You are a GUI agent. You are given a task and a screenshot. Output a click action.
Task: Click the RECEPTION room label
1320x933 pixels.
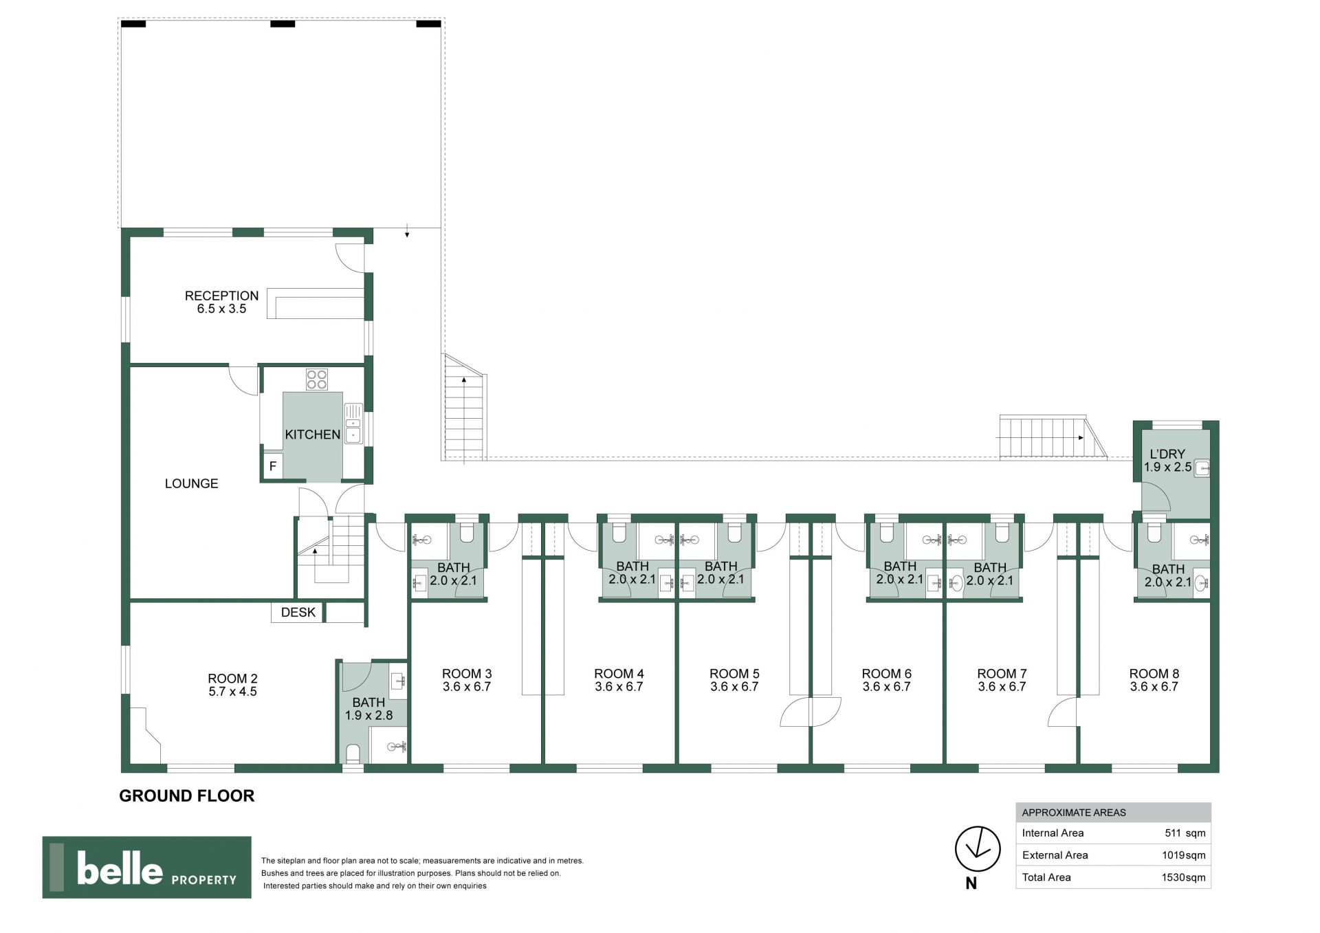tap(221, 296)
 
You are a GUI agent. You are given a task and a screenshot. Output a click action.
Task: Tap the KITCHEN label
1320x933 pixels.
tap(313, 435)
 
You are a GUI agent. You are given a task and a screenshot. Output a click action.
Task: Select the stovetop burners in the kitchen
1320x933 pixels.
tap(317, 380)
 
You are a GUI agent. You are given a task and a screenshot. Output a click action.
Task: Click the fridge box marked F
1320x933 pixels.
tap(273, 466)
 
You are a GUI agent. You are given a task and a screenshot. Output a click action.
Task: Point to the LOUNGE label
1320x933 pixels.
tap(191, 483)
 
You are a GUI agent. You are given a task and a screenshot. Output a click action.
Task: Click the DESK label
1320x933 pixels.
tap(298, 612)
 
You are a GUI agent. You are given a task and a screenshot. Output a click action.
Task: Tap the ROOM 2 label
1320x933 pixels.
tap(232, 679)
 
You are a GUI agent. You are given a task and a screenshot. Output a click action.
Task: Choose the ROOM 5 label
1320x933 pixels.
tap(734, 674)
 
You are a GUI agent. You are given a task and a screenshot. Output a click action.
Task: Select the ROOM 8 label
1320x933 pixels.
tap(1154, 674)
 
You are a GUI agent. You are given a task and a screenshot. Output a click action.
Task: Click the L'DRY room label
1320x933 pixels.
tap(1167, 454)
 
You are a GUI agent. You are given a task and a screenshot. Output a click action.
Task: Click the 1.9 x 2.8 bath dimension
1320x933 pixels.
tap(368, 715)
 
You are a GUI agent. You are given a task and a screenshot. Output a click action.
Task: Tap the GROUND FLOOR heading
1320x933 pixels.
tap(187, 795)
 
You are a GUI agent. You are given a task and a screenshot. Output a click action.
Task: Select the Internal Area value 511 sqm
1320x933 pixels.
tap(1185, 833)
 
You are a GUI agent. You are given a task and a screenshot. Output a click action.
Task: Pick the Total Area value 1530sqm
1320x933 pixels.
tap(1184, 877)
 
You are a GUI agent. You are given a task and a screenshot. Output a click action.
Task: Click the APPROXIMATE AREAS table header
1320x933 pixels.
tap(1074, 813)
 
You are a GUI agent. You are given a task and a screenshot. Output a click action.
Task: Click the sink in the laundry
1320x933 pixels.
tap(1202, 468)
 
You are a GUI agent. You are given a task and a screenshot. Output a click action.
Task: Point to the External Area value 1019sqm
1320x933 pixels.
tap(1182, 855)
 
